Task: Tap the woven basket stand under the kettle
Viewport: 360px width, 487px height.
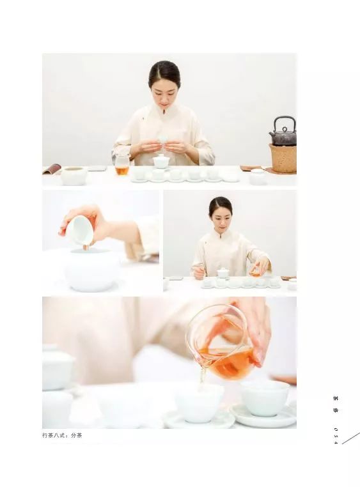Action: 282,157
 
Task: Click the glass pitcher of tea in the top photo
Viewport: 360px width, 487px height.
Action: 121,166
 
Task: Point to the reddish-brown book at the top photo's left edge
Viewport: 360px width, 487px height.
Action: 52,169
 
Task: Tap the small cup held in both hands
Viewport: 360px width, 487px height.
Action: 162,140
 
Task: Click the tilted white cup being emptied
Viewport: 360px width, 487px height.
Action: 79,231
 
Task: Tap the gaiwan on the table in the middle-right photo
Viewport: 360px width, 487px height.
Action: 223,274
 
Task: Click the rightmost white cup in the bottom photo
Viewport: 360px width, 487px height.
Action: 265,398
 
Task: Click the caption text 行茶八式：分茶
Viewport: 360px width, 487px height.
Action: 62,435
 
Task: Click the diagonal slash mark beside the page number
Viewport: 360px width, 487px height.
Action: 350,438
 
